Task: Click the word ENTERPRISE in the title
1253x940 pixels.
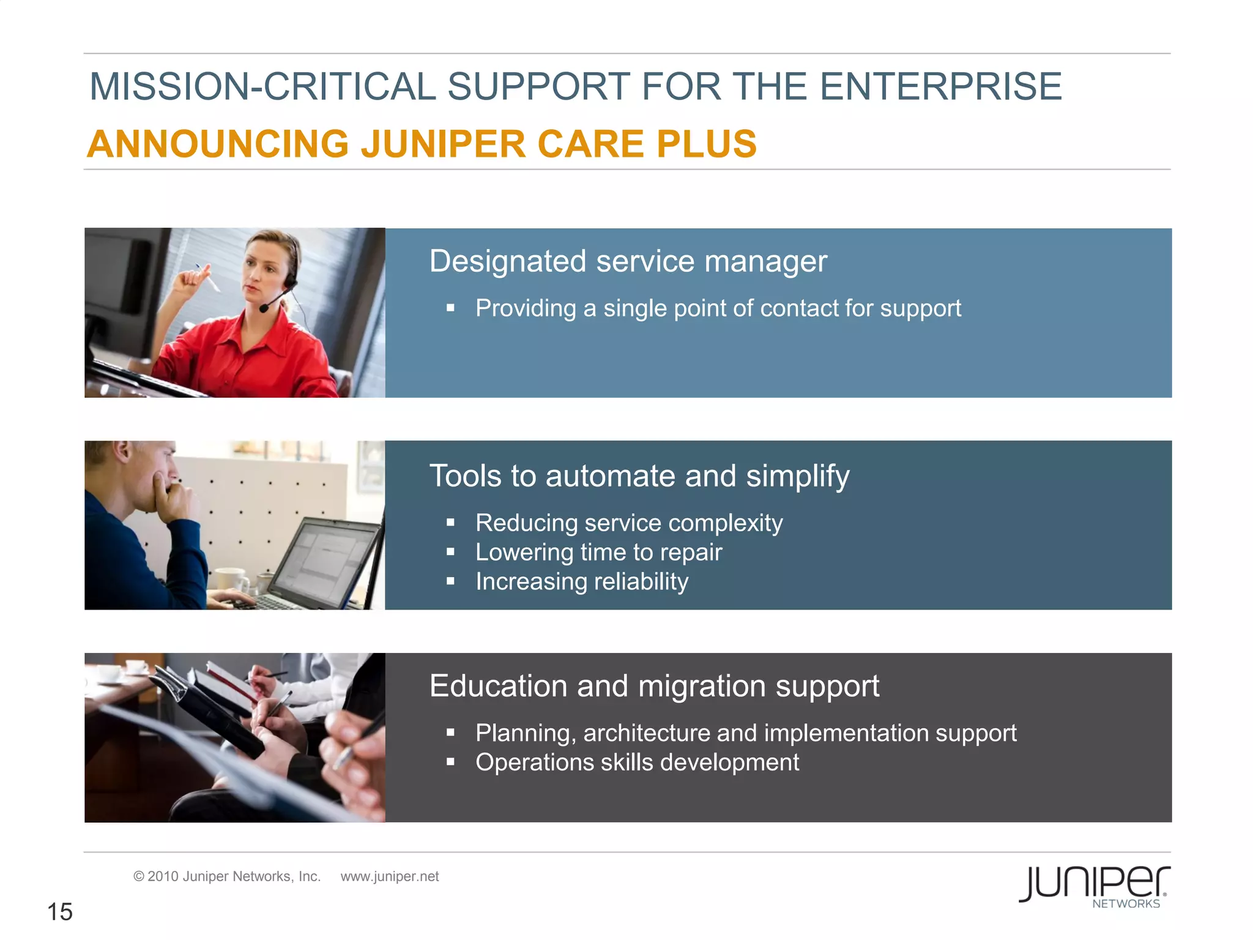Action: (x=940, y=86)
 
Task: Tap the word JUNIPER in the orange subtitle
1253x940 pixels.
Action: (x=443, y=144)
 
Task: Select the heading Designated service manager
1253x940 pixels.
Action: (x=628, y=261)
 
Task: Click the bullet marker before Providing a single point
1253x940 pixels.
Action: (x=450, y=308)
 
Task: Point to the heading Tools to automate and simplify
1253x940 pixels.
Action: (x=639, y=476)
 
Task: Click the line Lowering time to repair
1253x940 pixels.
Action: (x=598, y=553)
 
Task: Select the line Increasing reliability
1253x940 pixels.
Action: (x=582, y=581)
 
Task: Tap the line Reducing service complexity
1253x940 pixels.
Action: (x=629, y=523)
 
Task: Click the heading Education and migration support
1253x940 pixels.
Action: (x=654, y=686)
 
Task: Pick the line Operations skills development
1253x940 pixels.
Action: (x=637, y=763)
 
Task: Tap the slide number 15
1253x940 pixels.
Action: (x=60, y=912)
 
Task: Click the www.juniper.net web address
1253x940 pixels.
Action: (x=390, y=876)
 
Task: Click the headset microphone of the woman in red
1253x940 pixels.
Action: (x=264, y=308)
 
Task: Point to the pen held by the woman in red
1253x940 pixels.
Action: (x=208, y=278)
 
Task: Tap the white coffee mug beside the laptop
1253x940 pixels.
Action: (x=230, y=578)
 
